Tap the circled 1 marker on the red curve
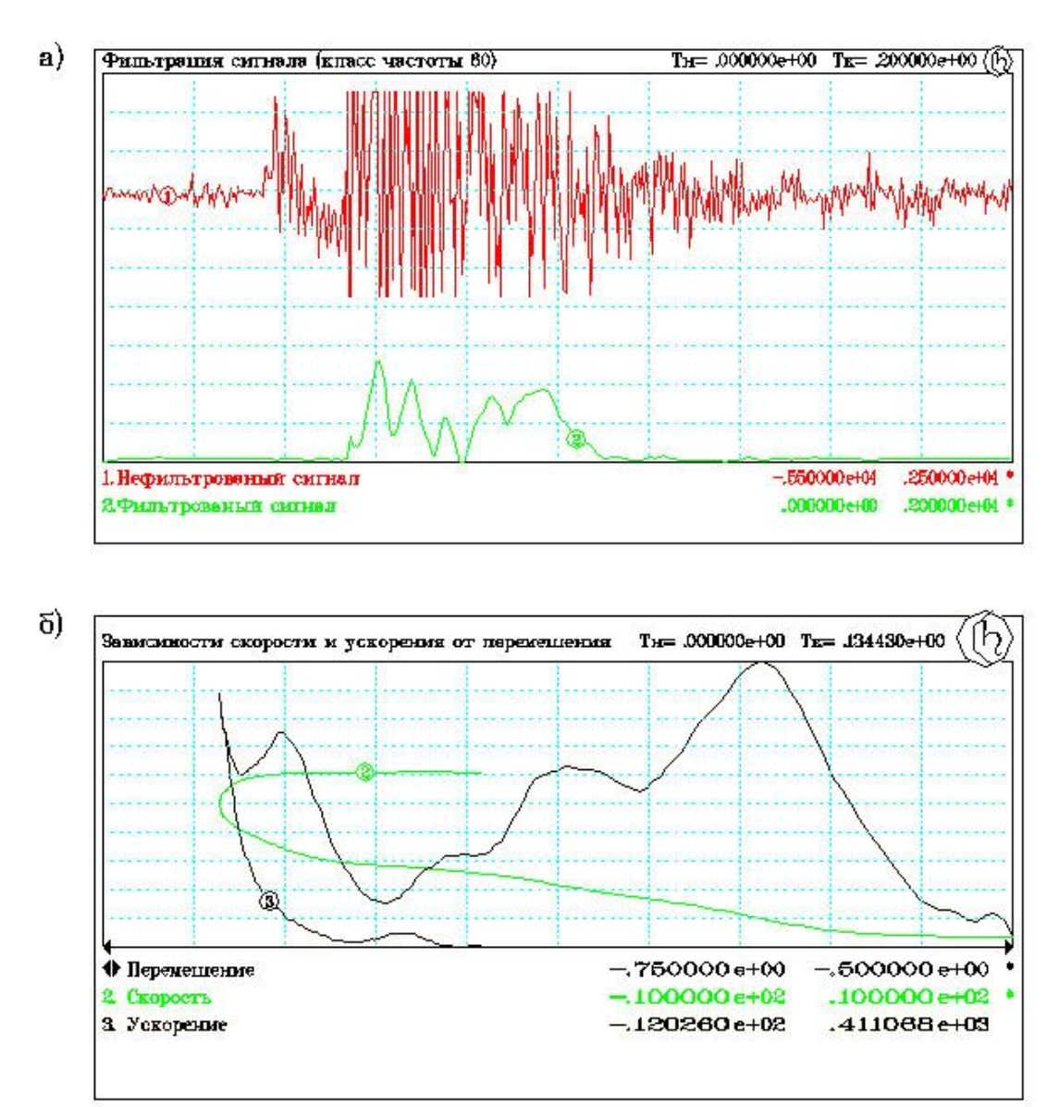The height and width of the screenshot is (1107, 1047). coord(167,195)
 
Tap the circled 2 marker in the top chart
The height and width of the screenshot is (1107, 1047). coord(576,440)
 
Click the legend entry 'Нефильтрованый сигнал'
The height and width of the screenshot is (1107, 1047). coord(231,479)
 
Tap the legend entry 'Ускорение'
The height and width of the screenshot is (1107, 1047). coord(166,1025)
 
